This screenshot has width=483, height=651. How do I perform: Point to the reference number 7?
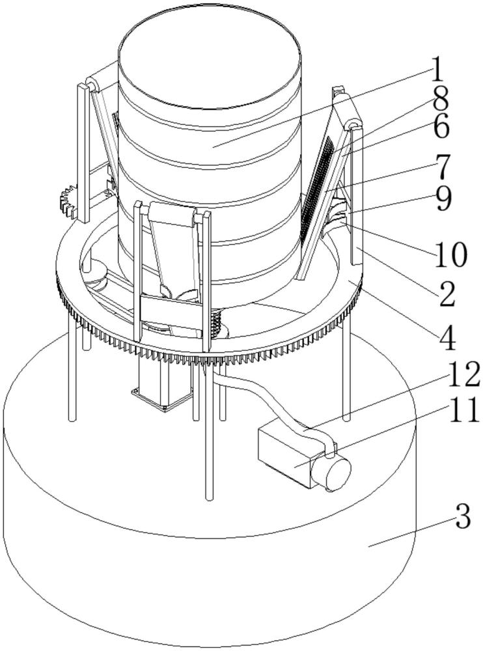pyautogui.click(x=442, y=167)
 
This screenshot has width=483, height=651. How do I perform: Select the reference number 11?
pyautogui.click(x=462, y=411)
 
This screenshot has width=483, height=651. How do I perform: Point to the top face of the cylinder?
pyautogui.click(x=209, y=66)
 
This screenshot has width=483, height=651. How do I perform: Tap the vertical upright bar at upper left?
pyautogui.click(x=84, y=152)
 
